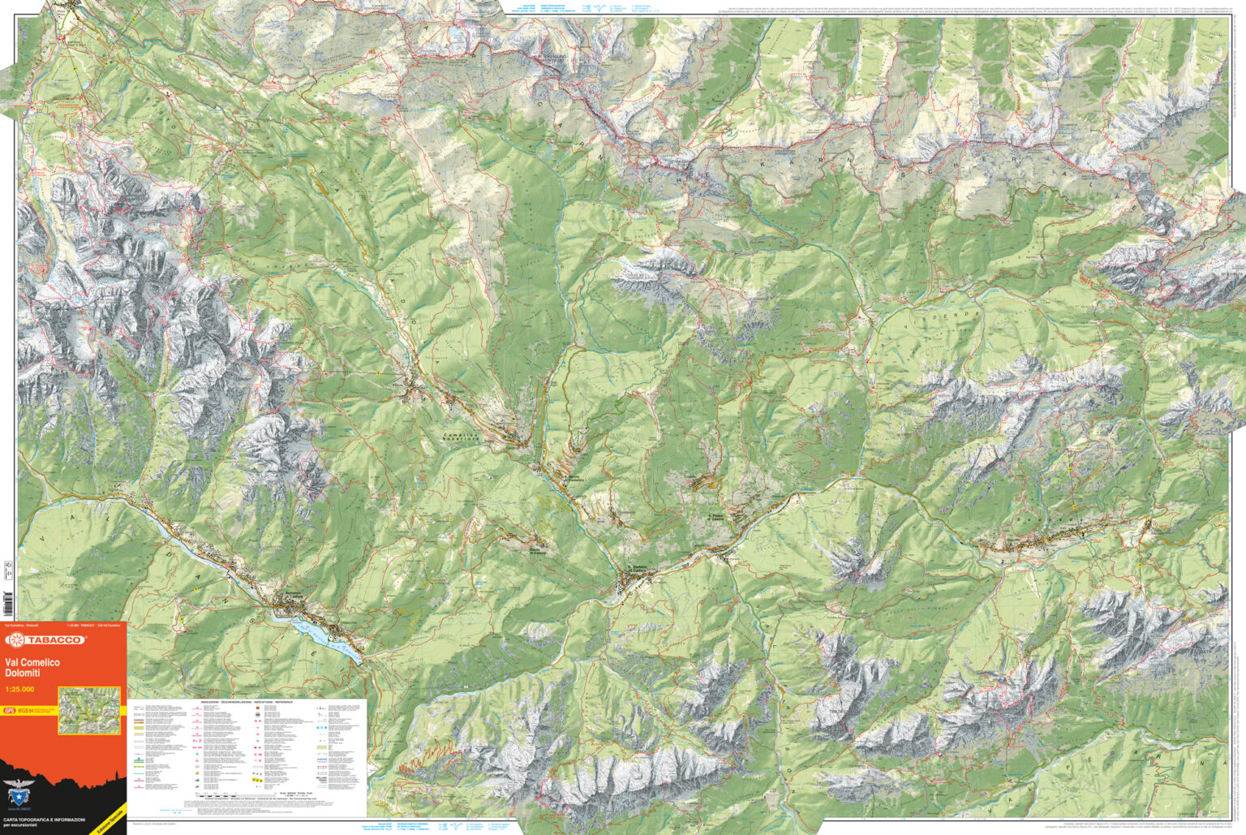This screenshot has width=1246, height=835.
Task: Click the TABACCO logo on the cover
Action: [45, 640]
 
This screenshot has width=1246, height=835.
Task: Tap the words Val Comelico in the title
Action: [32, 663]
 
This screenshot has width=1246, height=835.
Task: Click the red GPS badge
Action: [9, 711]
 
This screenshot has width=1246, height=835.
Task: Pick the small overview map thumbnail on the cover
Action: [89, 710]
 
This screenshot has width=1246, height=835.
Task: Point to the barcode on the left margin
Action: [8, 605]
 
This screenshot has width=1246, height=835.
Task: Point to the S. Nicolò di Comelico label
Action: [574, 480]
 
